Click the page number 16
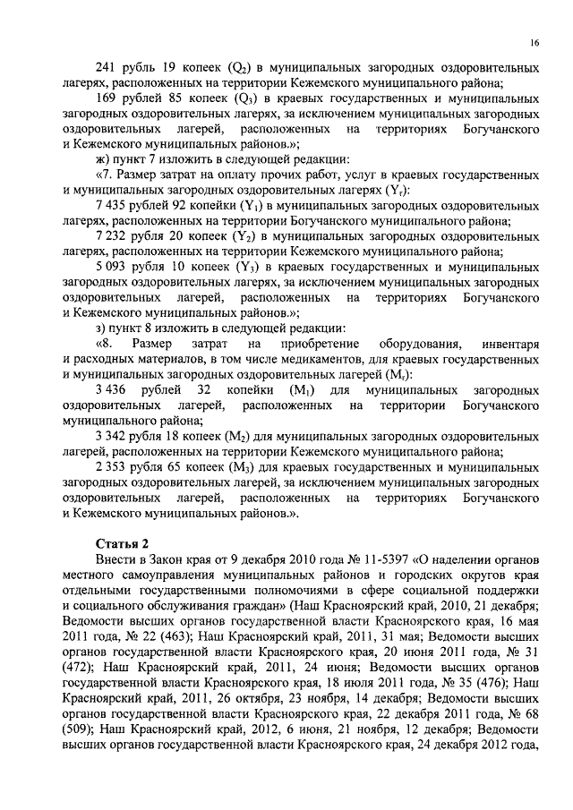point(534,42)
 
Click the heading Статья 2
point(124,543)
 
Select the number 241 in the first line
point(107,68)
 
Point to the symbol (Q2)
point(237,68)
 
